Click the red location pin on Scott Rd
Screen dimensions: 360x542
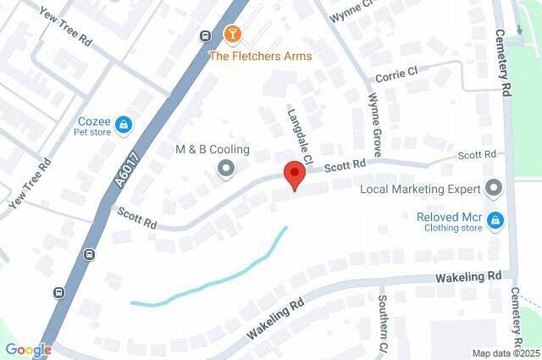tap(293, 174)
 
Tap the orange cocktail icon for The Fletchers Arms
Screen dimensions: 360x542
tap(231, 35)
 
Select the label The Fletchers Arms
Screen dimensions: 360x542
tap(261, 56)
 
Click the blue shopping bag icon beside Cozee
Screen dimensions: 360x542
tap(124, 125)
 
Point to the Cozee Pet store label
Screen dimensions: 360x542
tap(92, 126)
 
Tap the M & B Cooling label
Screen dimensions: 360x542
tap(212, 150)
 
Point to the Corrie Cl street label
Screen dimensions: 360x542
tap(397, 75)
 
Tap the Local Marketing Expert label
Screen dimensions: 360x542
tap(420, 189)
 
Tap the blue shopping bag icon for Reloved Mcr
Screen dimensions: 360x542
tap(498, 222)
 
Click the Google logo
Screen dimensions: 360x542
tap(28, 350)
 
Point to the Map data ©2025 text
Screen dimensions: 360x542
tap(506, 353)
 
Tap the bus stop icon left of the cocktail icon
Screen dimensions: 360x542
tap(206, 36)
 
